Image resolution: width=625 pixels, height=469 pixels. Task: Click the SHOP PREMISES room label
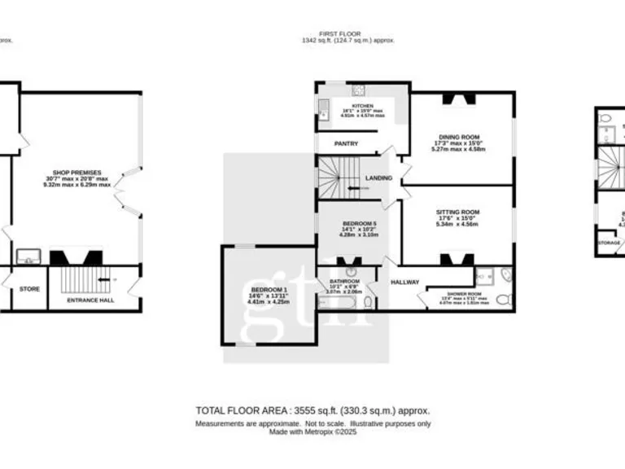pos(77,173)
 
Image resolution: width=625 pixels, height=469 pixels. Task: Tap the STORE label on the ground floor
pos(28,288)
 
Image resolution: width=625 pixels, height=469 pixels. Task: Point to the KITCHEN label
pos(363,106)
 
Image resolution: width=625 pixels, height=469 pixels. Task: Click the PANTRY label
pos(346,144)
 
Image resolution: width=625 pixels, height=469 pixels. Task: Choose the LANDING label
pos(379,178)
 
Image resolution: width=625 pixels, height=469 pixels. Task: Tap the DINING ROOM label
pos(459,137)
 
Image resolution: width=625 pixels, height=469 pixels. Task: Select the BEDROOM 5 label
pos(359,223)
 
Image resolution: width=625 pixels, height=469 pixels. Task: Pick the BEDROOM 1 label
pos(268,290)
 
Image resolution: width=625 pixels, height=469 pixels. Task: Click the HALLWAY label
pos(404,283)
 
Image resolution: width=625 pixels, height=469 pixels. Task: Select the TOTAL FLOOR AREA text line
pos(312,410)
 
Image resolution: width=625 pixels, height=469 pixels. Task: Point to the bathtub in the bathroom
pos(336,304)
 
